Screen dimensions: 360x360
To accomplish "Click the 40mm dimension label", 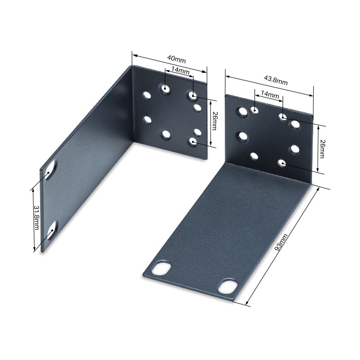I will (176, 59).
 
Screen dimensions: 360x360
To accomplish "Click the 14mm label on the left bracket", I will (180, 71).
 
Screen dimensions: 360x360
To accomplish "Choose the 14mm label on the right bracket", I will (270, 94).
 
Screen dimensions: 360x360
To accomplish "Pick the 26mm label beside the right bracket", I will (322, 148).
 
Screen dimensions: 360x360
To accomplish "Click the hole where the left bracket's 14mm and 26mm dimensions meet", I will (193, 95).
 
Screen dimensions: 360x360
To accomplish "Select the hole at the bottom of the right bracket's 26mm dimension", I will (282, 163).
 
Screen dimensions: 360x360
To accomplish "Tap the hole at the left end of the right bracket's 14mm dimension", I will (255, 110).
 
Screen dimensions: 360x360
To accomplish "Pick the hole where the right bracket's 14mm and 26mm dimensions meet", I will (283, 117).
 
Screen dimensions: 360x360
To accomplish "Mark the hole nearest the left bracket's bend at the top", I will (147, 95).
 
